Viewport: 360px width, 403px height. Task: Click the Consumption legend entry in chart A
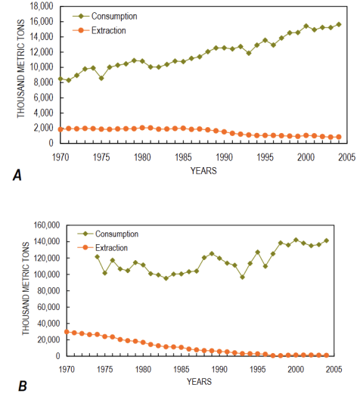[105, 16]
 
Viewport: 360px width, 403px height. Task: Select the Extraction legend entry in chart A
[99, 30]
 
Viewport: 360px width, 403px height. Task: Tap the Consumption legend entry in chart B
[108, 234]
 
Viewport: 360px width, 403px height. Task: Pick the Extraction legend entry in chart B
[103, 248]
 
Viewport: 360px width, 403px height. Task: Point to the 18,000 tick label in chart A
[42, 6]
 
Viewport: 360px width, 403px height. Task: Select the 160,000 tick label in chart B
[47, 225]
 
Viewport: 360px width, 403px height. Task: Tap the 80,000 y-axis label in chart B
[48, 290]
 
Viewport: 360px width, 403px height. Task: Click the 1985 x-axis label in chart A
[183, 157]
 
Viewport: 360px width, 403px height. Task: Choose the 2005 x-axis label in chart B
[334, 370]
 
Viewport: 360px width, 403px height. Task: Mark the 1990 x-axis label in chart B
[219, 370]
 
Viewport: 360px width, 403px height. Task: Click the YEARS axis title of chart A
[203, 171]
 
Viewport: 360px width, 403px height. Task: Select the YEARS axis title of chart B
[200, 382]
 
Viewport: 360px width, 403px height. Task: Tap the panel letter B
[23, 386]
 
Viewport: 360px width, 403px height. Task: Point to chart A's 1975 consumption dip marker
[101, 78]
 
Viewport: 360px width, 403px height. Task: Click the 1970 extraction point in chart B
[67, 332]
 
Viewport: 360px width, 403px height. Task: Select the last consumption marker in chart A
[339, 24]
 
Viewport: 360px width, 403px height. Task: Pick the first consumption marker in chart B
[98, 257]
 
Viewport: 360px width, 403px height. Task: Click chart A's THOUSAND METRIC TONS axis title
[21, 69]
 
